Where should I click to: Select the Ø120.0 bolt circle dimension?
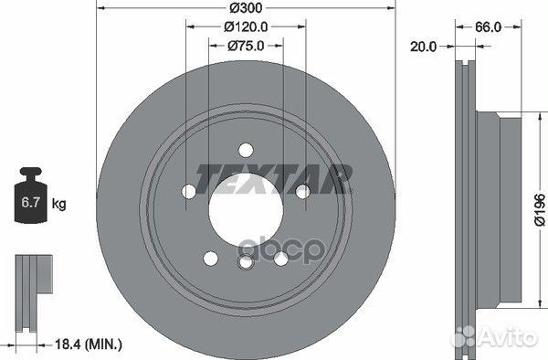(244, 27)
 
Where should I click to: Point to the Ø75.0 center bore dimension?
(244, 46)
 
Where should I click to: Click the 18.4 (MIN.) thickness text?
(86, 344)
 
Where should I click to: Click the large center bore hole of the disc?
(244, 206)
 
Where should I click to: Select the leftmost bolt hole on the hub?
(188, 191)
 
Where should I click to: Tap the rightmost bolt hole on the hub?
(300, 191)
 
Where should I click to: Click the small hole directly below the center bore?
(245, 263)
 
